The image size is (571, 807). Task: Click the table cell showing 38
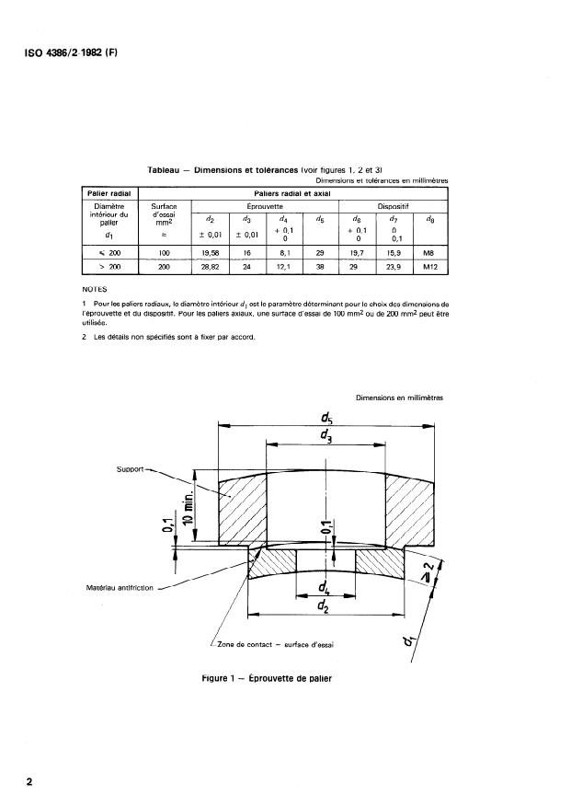click(319, 268)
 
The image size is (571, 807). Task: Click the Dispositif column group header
click(394, 207)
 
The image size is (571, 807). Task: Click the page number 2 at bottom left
click(29, 782)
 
